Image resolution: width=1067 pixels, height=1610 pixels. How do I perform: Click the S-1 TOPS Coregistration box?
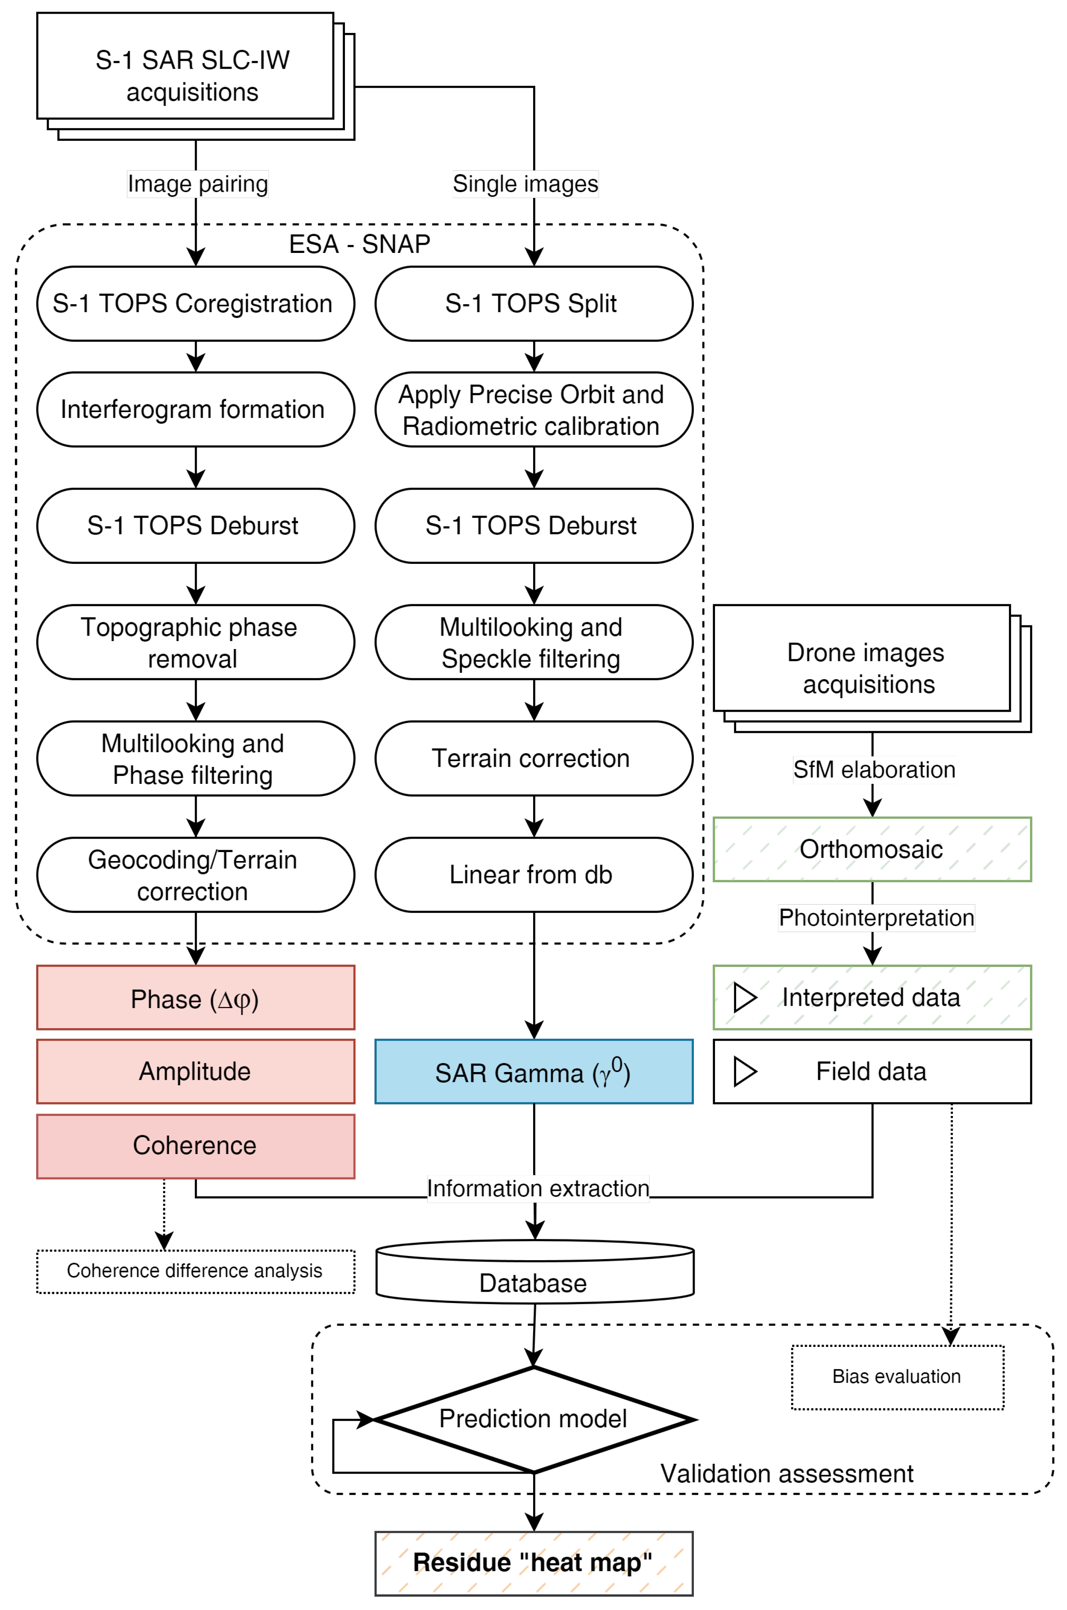point(195,303)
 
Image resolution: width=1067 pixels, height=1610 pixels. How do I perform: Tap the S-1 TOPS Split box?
point(533,303)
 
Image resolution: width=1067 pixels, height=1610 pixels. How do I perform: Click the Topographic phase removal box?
point(195,642)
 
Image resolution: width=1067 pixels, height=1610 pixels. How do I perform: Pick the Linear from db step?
point(533,874)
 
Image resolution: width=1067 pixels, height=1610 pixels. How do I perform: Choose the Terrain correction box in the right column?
point(533,758)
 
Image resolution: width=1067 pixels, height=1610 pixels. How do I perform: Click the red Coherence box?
point(195,1146)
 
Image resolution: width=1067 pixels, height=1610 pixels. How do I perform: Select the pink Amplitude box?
point(195,1072)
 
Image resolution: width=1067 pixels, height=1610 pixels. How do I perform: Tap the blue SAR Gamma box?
point(533,1072)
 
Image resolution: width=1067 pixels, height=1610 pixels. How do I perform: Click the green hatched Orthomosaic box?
point(872,849)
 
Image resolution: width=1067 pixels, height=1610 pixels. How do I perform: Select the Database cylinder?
point(535,1272)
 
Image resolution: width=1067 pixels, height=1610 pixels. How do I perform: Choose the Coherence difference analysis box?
point(195,1271)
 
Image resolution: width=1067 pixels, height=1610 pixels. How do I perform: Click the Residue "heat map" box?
point(533,1563)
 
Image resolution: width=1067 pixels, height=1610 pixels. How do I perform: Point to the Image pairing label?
point(197,184)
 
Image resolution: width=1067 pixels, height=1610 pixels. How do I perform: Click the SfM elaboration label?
point(874,770)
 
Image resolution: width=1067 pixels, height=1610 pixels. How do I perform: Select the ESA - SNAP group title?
point(359,243)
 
